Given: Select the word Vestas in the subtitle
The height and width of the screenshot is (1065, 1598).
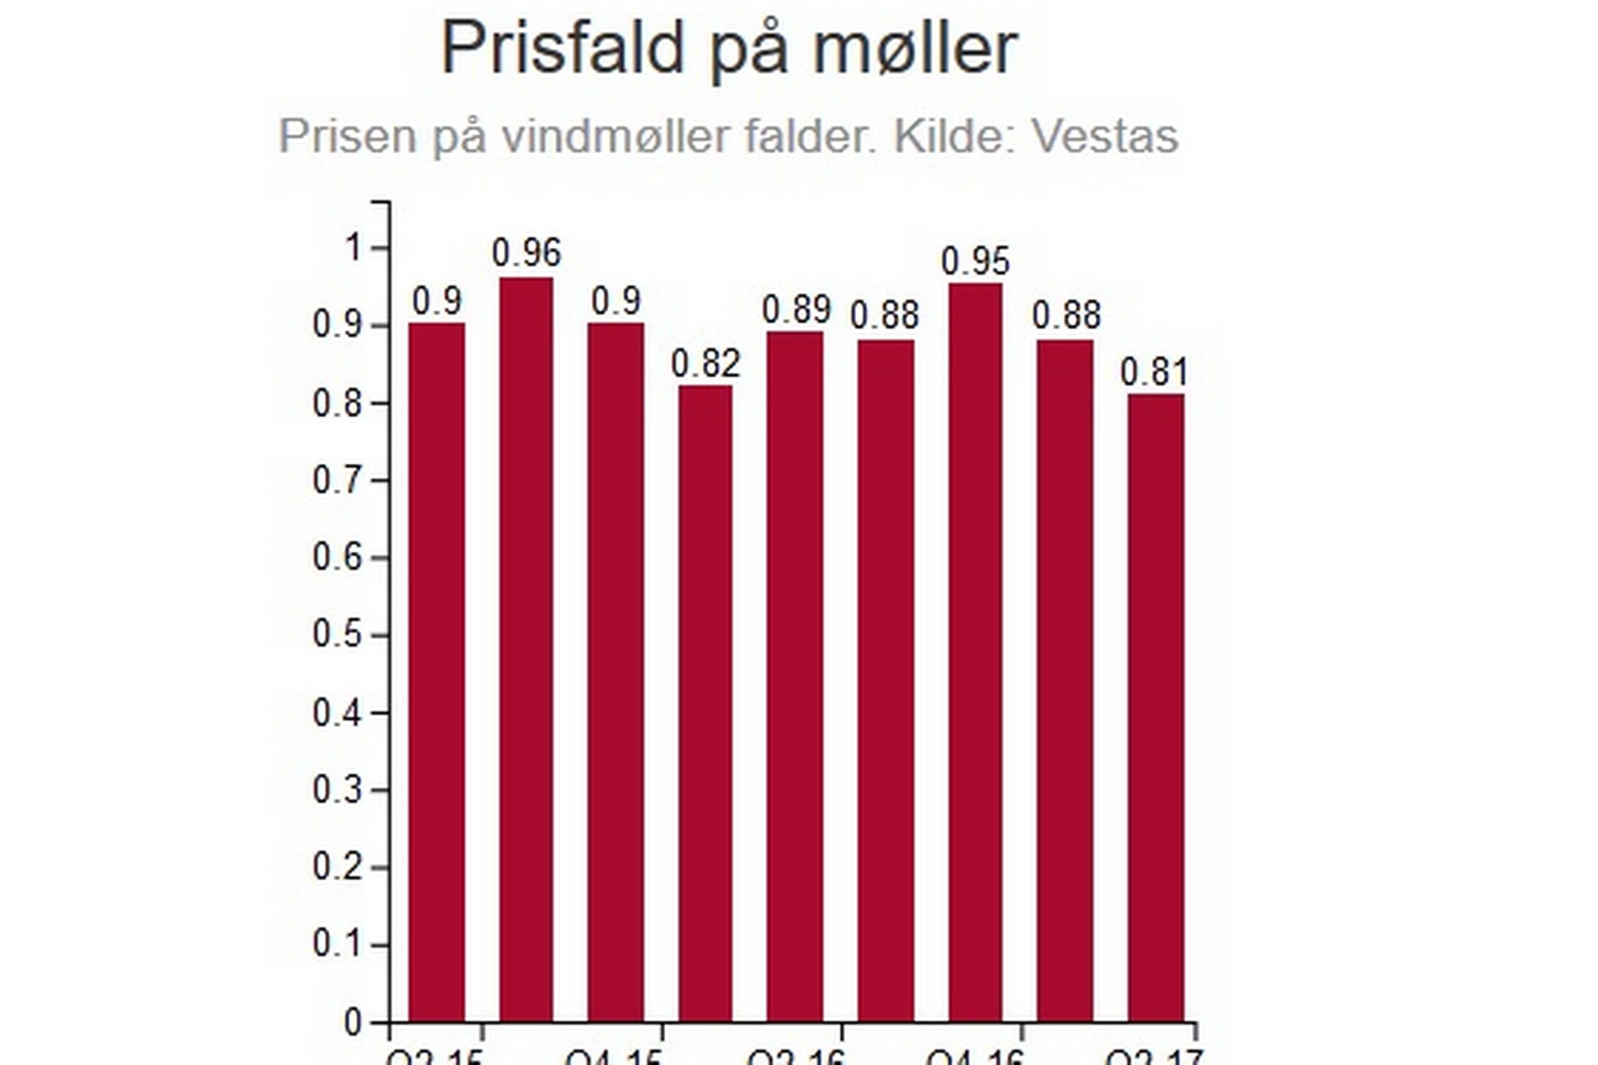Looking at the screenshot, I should point(1105,137).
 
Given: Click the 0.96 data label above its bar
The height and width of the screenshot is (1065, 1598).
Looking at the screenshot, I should point(527,253).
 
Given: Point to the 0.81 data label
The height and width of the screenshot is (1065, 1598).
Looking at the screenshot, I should point(1154,372).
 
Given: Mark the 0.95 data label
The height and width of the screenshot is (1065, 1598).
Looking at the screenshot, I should point(976,261).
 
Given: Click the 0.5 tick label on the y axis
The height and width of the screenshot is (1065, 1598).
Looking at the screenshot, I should point(337,635).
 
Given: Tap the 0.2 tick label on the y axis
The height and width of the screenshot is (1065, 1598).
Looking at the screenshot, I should point(337,867).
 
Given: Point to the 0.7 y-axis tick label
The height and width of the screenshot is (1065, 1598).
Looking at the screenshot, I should point(337,481).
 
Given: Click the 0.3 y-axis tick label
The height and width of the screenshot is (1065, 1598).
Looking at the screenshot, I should point(337,790).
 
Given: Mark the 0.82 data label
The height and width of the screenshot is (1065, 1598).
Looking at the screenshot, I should point(705,364).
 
